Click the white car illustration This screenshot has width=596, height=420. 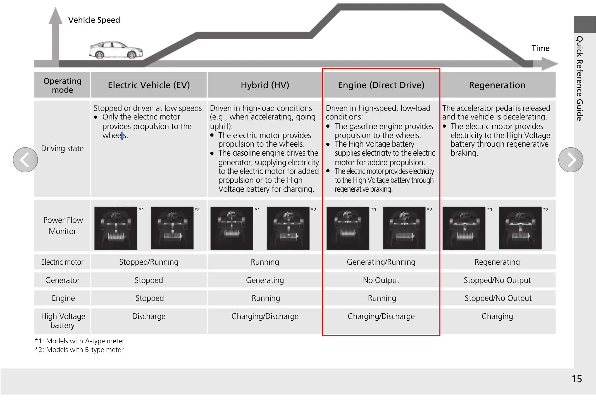point(116,50)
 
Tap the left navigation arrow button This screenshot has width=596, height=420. point(25,160)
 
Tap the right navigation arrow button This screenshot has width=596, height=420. point(571,160)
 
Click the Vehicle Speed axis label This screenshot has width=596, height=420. point(94,20)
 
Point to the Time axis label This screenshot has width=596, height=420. point(540,48)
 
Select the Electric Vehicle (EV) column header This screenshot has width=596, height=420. point(149,85)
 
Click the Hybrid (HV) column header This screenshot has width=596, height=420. point(265,85)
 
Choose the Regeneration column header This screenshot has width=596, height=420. point(497,85)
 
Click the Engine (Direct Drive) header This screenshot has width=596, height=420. point(381,85)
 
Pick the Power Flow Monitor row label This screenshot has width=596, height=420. point(63,226)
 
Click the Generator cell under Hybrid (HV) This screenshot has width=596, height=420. point(265,280)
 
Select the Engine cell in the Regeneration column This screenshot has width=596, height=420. point(498,298)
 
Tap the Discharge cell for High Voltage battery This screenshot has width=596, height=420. point(149,316)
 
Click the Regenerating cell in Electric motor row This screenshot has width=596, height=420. point(497,262)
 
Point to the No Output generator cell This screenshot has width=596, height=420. point(381,280)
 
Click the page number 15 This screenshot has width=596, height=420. point(577,379)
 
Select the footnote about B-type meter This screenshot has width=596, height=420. point(79,350)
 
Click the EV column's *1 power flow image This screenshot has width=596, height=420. point(116,228)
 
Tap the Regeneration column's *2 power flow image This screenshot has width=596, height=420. point(520,228)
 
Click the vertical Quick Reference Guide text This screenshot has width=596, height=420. point(580,78)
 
